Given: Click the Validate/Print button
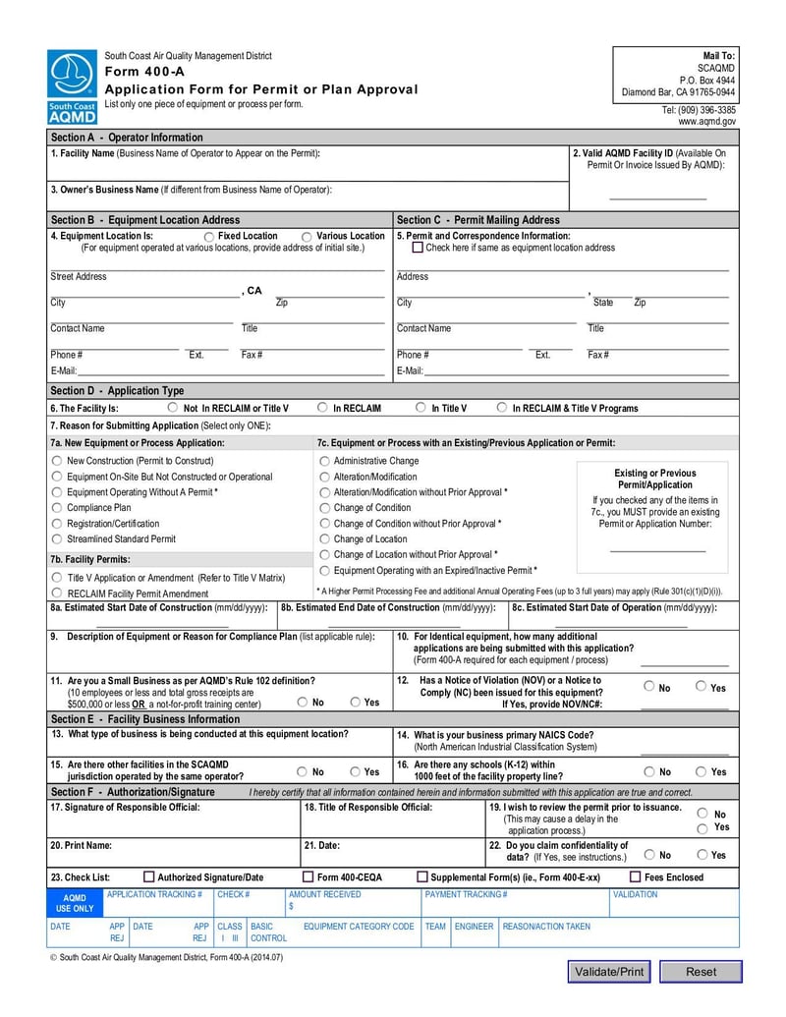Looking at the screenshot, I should [609, 972].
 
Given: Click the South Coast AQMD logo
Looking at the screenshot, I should [72, 86].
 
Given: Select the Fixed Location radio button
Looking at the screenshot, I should [209, 237].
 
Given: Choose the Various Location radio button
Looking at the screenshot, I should [308, 237].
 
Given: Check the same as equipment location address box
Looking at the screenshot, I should [418, 248].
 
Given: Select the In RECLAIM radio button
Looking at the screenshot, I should [322, 408].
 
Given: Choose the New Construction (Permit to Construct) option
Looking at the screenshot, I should [57, 461].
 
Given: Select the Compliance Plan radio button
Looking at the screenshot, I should [57, 508].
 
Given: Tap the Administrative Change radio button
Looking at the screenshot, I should [324, 461].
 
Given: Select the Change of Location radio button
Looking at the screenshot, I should [324, 539].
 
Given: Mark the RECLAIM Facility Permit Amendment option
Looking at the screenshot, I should [57, 593].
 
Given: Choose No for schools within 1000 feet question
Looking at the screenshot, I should [649, 772].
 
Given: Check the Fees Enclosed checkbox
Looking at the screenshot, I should [635, 876].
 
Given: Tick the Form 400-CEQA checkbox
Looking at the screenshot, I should [308, 876].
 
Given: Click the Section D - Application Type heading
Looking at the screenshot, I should [117, 391].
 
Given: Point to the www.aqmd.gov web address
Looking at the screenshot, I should [706, 122].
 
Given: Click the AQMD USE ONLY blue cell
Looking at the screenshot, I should [75, 903].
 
